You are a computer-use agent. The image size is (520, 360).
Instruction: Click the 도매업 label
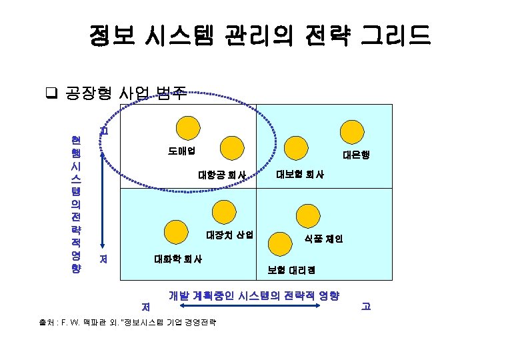pyautogui.click(x=181, y=150)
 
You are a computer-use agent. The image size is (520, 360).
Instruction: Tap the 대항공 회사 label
pyautogui.click(x=222, y=175)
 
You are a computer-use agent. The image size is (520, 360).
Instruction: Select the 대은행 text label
pyautogui.click(x=356, y=155)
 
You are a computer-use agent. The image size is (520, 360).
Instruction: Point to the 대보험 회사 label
pyautogui.click(x=300, y=175)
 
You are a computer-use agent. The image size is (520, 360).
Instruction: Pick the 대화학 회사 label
pyautogui.click(x=179, y=258)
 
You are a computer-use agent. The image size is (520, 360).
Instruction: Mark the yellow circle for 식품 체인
pyautogui.click(x=309, y=217)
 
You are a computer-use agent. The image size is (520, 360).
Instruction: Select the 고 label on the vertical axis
pyautogui.click(x=103, y=130)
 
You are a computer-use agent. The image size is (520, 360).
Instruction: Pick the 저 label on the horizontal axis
pyautogui.click(x=145, y=307)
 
